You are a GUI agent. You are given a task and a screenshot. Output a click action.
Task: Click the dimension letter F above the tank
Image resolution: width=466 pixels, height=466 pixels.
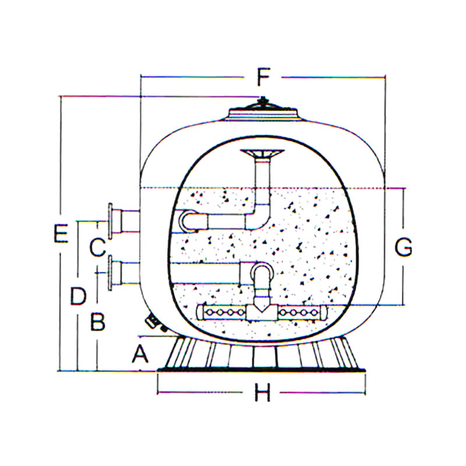coord(263,77)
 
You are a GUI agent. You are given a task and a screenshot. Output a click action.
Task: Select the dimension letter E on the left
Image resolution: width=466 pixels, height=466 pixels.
coord(61,234)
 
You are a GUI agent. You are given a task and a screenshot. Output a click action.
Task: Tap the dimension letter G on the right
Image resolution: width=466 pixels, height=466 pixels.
coord(403,247)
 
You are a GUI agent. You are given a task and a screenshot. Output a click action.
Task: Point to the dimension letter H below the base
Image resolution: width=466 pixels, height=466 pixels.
coord(263,392)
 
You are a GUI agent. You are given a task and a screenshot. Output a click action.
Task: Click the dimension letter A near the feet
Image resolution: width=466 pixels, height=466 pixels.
coord(140,354)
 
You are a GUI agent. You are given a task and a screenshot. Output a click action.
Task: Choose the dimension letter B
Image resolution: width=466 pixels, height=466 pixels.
coord(98,322)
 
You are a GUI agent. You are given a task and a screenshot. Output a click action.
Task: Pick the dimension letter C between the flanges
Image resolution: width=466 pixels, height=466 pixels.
coord(97,247)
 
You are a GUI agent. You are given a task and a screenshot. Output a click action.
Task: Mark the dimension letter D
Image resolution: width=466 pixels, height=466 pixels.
coord(78,296)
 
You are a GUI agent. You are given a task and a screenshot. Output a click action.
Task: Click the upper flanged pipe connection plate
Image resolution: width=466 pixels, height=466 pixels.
coord(110,221)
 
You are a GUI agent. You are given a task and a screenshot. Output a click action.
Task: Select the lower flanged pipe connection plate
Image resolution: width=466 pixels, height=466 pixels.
coord(110,273)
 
